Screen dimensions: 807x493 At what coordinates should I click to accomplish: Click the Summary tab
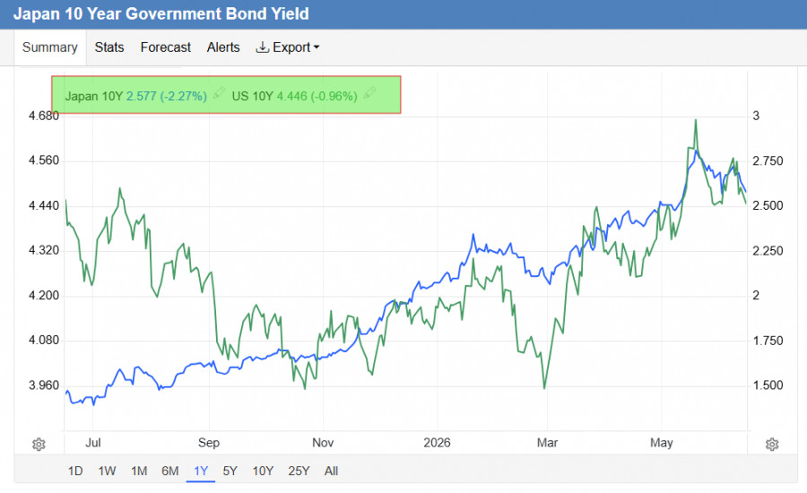(x=50, y=48)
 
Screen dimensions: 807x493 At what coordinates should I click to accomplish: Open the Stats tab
(x=109, y=48)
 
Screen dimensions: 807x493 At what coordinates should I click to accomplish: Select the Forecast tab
(x=165, y=48)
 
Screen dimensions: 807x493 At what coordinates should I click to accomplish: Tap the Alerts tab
(x=223, y=48)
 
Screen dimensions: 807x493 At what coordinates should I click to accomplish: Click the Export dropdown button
(x=288, y=48)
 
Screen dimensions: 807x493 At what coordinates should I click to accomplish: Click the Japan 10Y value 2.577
(x=141, y=96)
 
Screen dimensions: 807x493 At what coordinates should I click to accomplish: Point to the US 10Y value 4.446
(x=291, y=96)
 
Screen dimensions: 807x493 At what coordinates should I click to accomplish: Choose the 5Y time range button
(x=230, y=471)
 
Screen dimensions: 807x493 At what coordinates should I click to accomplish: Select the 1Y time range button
(x=201, y=471)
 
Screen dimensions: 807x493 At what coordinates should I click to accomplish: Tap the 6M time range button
(x=169, y=471)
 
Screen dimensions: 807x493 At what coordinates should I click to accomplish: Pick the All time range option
(x=332, y=471)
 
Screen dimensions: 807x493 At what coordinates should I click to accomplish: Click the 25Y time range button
(x=299, y=471)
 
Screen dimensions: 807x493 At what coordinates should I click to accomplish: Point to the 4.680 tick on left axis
(x=44, y=116)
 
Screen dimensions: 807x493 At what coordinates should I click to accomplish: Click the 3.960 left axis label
(x=44, y=385)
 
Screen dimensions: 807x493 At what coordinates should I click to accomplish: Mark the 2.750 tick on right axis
(x=768, y=161)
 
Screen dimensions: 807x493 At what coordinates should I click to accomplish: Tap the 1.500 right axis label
(x=768, y=385)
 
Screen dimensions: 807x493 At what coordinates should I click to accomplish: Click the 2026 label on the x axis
(x=437, y=443)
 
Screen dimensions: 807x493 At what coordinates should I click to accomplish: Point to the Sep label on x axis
(x=209, y=443)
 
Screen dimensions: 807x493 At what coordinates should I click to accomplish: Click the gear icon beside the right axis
(x=772, y=444)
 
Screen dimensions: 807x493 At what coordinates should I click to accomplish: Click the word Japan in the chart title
(x=36, y=14)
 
